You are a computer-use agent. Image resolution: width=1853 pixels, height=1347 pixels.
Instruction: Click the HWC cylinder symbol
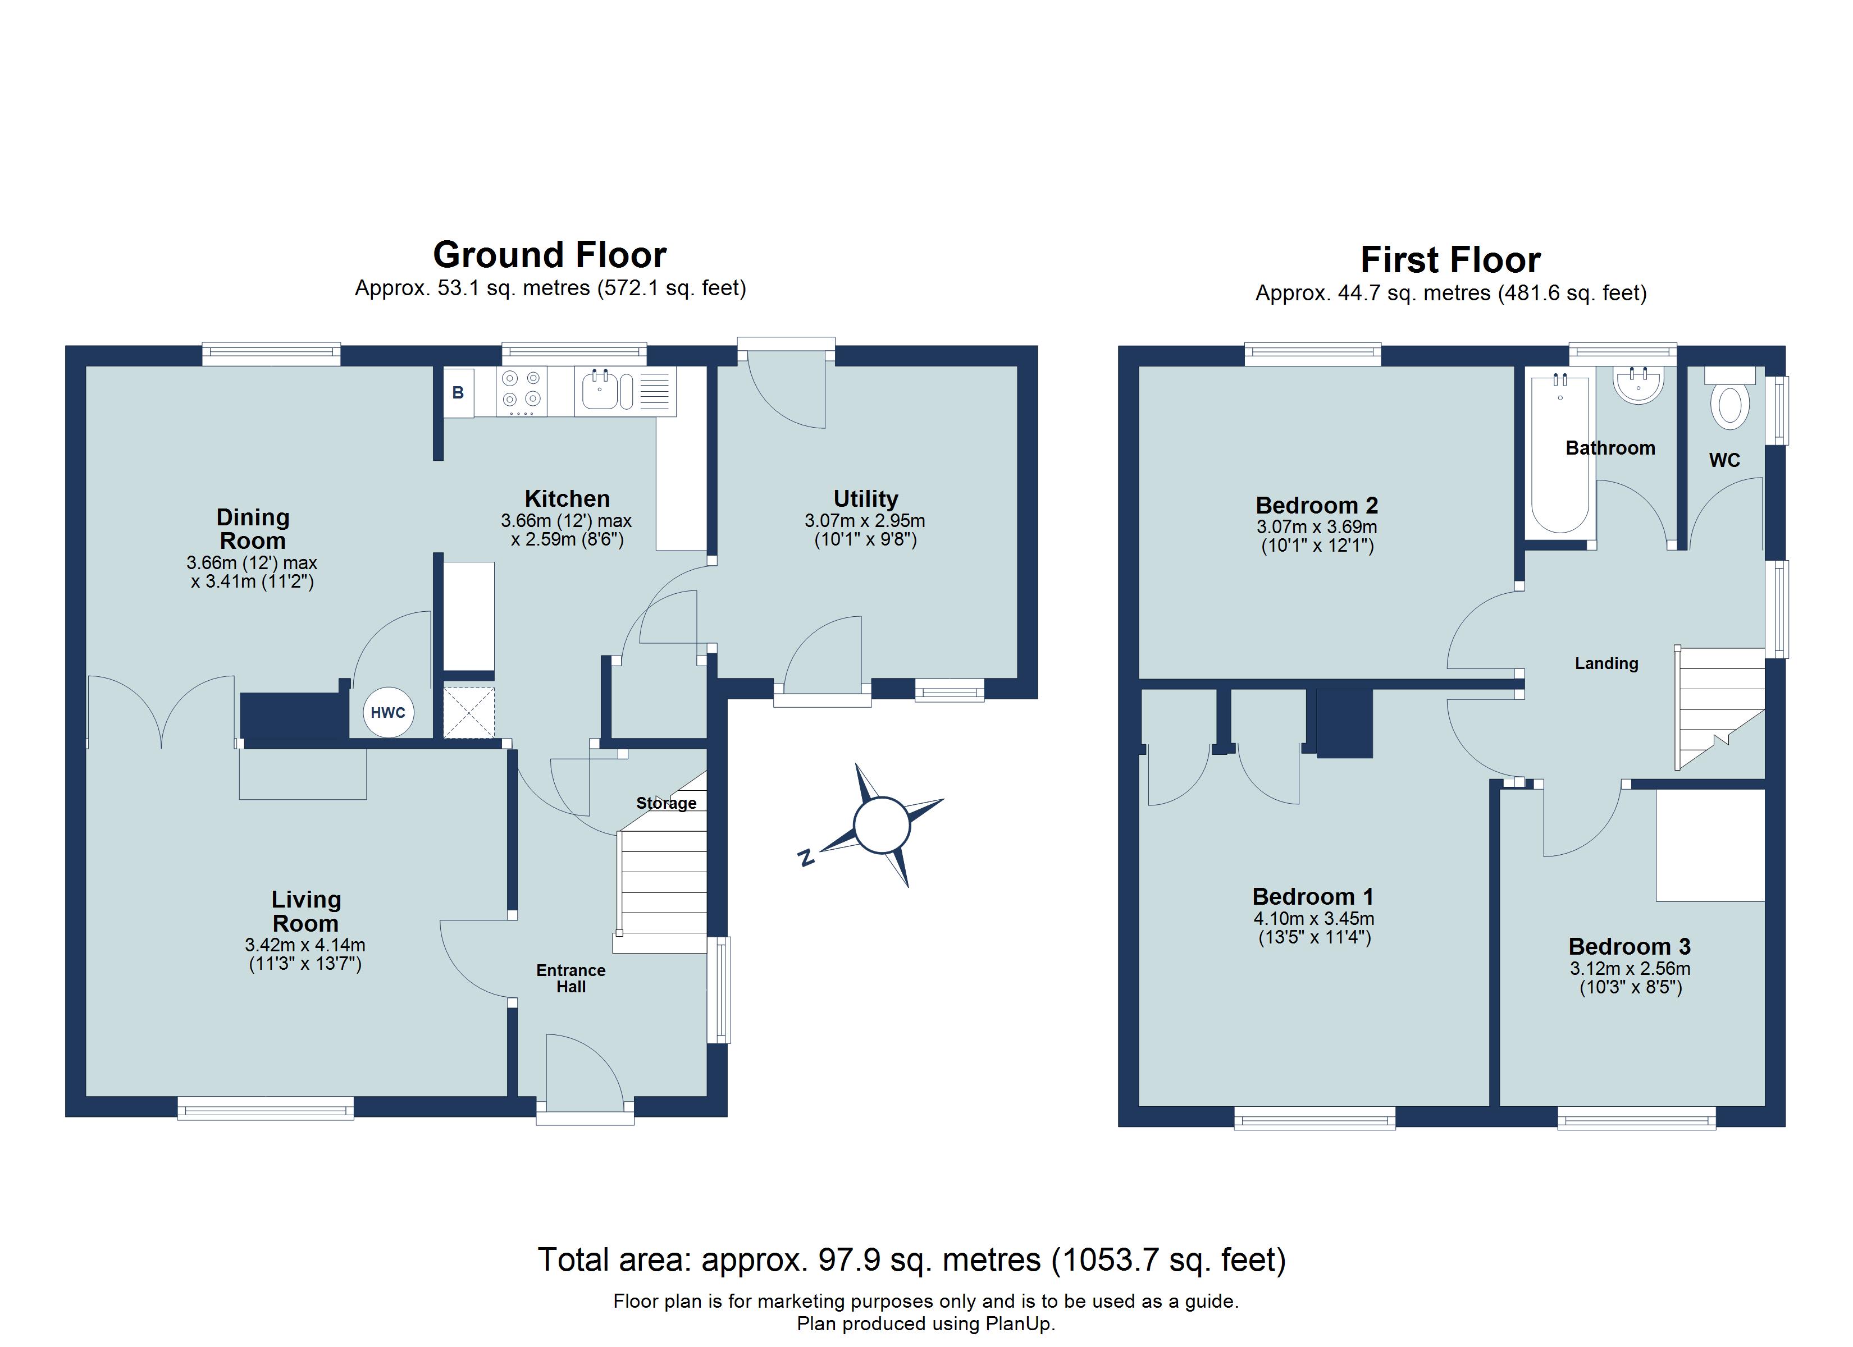(x=388, y=712)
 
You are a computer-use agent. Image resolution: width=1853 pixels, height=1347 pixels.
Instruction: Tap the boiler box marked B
(x=458, y=393)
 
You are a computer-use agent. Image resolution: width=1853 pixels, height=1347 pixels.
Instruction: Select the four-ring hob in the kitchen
(x=521, y=390)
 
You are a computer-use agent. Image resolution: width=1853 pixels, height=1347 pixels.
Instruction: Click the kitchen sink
(x=601, y=390)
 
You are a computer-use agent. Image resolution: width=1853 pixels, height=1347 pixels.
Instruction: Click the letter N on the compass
(x=806, y=857)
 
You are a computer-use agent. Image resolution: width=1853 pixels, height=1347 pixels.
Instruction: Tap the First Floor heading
(x=1450, y=260)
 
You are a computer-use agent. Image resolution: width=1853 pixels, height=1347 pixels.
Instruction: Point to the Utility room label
(x=865, y=498)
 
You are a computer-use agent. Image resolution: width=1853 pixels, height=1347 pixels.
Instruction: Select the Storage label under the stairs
(x=666, y=803)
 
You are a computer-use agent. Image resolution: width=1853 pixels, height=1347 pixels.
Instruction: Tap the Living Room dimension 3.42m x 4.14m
(x=305, y=945)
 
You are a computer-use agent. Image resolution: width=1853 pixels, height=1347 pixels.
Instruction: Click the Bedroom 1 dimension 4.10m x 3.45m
(x=1314, y=918)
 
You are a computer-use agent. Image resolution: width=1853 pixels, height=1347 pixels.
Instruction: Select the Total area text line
(x=911, y=1259)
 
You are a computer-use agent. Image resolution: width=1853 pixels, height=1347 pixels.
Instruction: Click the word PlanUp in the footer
(x=1018, y=1323)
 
